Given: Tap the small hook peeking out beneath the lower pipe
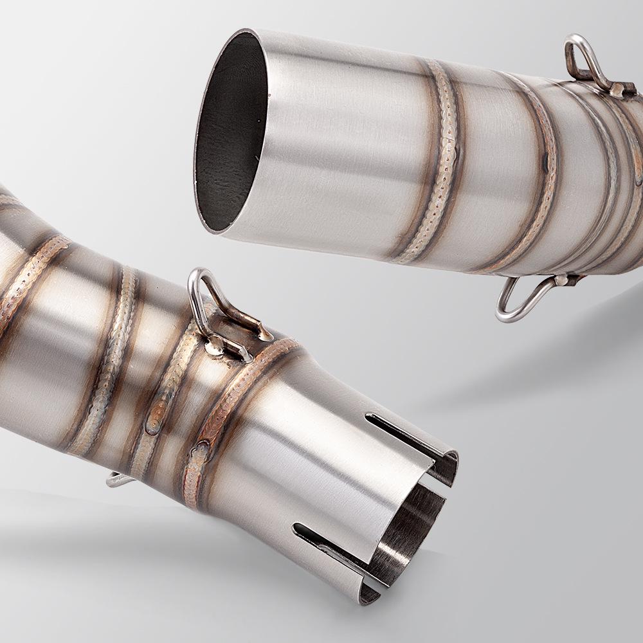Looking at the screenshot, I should point(116,479).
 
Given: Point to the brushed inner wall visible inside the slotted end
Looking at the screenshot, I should point(412,521).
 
